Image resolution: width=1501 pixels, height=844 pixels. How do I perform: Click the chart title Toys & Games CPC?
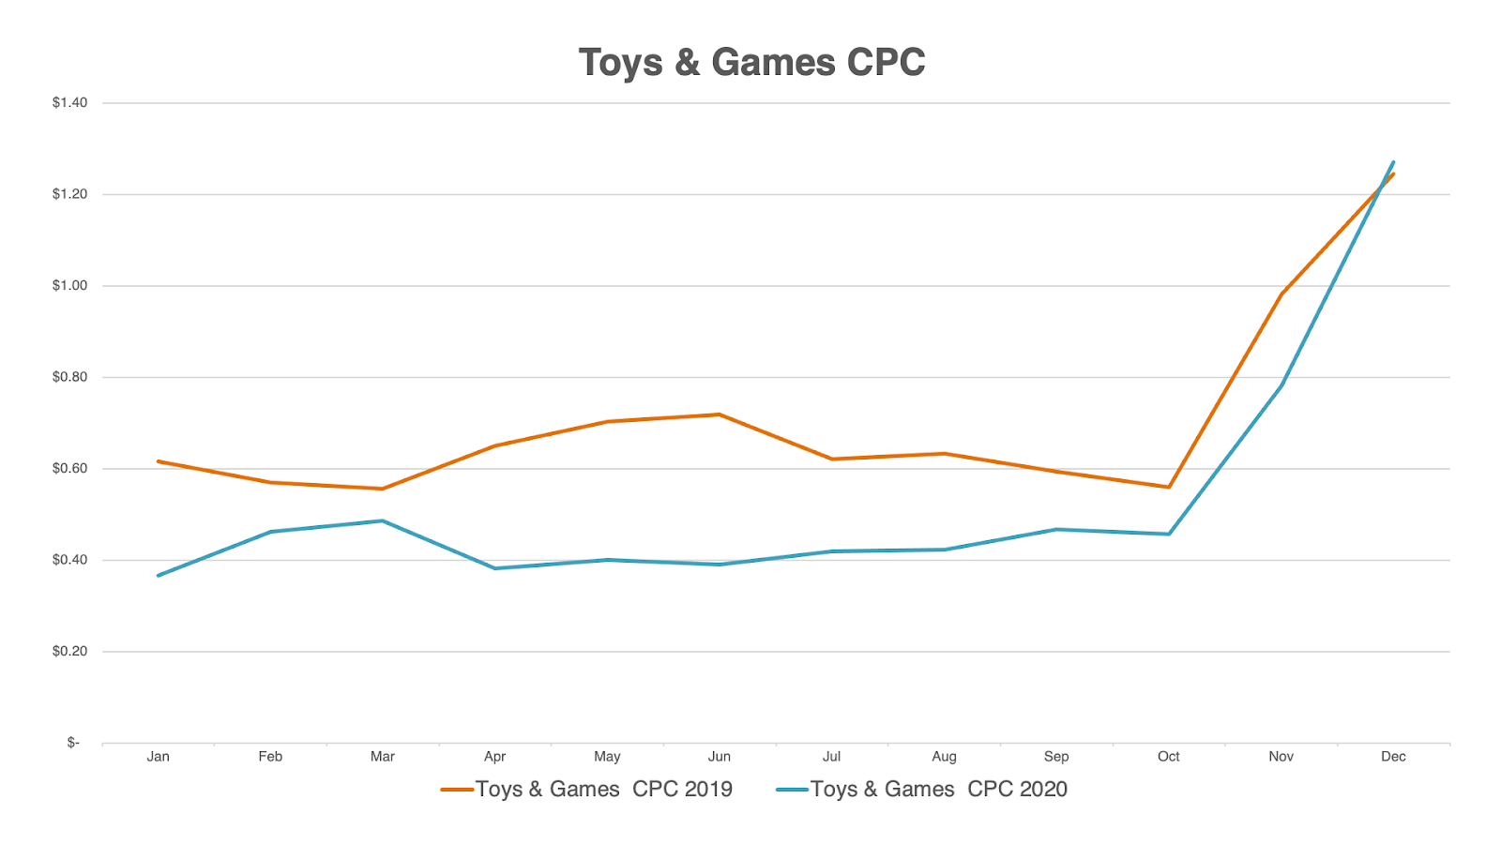(x=751, y=63)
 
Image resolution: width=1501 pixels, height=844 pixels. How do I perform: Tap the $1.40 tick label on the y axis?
(x=69, y=103)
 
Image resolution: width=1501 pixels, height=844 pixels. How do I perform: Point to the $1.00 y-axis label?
(x=69, y=286)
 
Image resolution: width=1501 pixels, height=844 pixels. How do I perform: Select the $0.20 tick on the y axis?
(x=69, y=652)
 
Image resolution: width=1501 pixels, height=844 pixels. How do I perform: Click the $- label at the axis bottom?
(x=73, y=743)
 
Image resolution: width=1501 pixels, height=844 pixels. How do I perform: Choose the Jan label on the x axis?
(x=158, y=757)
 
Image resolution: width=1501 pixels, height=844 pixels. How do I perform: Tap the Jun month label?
(x=720, y=757)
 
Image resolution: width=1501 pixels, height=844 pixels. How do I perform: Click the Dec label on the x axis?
(x=1393, y=757)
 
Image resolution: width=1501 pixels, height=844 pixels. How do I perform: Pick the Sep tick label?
(x=1056, y=757)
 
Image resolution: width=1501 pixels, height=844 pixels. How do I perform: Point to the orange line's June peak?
(x=720, y=414)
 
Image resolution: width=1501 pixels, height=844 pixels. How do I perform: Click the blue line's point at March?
(x=383, y=520)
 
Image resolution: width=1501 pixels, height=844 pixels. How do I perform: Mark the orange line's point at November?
(x=1281, y=294)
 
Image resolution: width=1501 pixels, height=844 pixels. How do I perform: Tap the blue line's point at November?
(x=1281, y=385)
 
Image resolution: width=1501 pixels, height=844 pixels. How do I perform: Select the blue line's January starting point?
(x=158, y=576)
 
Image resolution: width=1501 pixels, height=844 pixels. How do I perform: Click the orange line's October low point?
(x=1169, y=488)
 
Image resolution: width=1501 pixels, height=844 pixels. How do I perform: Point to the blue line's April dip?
(x=495, y=568)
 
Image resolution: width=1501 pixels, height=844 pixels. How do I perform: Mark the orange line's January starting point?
(x=158, y=461)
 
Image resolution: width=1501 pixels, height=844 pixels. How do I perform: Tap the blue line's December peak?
(x=1393, y=162)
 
